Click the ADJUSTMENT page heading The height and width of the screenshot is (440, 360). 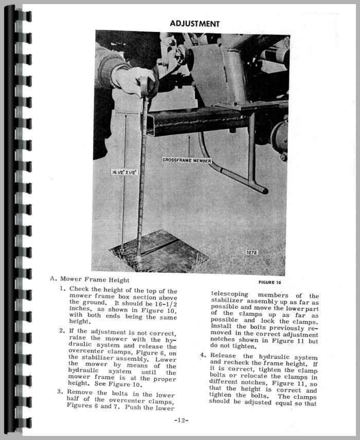coord(194,24)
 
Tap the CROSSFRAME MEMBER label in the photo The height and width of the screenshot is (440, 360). coord(187,160)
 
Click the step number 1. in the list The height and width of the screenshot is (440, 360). coord(62,289)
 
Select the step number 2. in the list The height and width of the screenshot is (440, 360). coord(62,330)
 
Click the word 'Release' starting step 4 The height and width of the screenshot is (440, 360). coord(223,356)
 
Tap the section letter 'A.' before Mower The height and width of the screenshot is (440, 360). coord(53,279)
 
